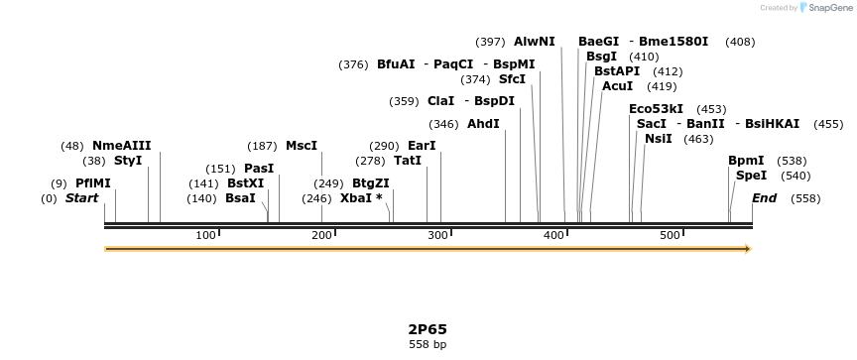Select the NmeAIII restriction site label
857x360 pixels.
[x=121, y=146]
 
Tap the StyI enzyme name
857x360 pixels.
[x=128, y=161]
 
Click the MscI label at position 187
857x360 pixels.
[x=302, y=146]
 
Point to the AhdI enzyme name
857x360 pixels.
[x=483, y=124]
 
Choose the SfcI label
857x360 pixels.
[x=512, y=79]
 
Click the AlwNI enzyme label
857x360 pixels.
[x=535, y=42]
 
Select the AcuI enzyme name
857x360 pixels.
[x=617, y=86]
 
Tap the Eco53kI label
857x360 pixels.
[x=656, y=109]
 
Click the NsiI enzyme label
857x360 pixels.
[x=658, y=139]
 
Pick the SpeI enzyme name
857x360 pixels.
[x=751, y=176]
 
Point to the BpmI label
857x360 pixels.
[x=746, y=161]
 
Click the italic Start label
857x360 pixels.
[x=81, y=198]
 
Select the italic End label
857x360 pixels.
[x=764, y=198]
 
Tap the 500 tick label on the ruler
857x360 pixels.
[x=670, y=235]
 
